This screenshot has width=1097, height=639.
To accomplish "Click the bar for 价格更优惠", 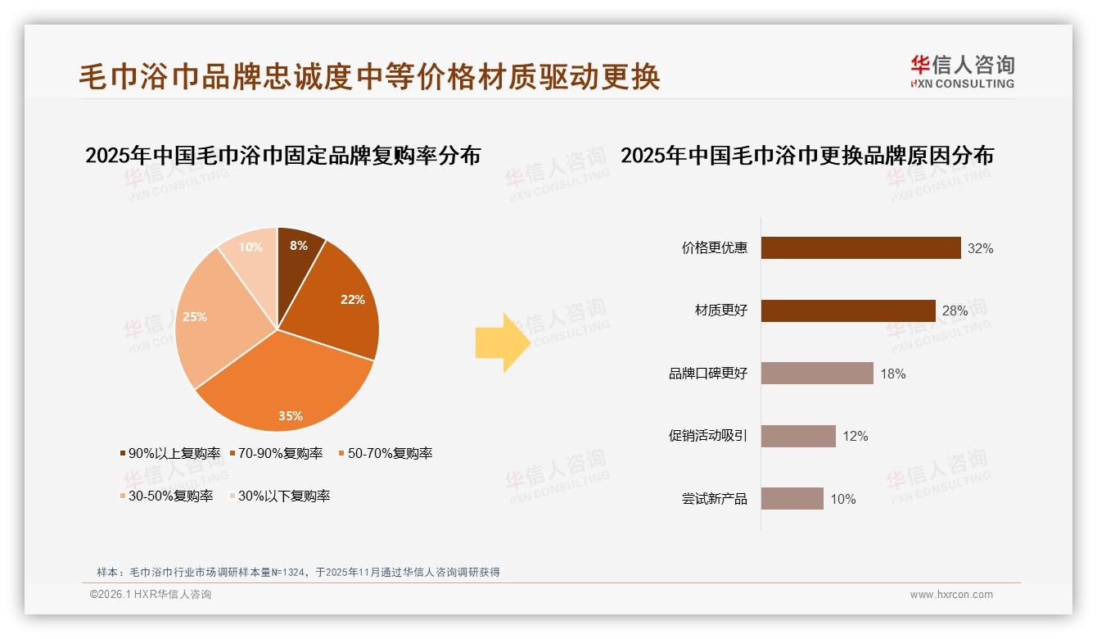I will (860, 248).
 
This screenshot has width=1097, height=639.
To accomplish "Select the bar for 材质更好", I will (848, 310).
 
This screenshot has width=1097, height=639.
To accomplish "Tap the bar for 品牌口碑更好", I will (817, 374).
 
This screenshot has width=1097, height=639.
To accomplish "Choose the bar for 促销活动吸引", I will (798, 436).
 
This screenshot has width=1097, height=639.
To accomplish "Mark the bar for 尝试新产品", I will (792, 499).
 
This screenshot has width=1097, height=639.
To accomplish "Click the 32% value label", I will (980, 249).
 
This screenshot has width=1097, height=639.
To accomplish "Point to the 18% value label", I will (892, 374).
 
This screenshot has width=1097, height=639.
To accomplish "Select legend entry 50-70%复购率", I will (385, 453).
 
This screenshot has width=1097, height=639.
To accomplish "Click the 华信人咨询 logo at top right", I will (962, 71).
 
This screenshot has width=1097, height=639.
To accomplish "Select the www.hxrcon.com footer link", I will (951, 595).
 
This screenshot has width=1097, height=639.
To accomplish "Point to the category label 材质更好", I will (720, 311).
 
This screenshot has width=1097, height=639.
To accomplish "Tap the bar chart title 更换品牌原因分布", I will (806, 155).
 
